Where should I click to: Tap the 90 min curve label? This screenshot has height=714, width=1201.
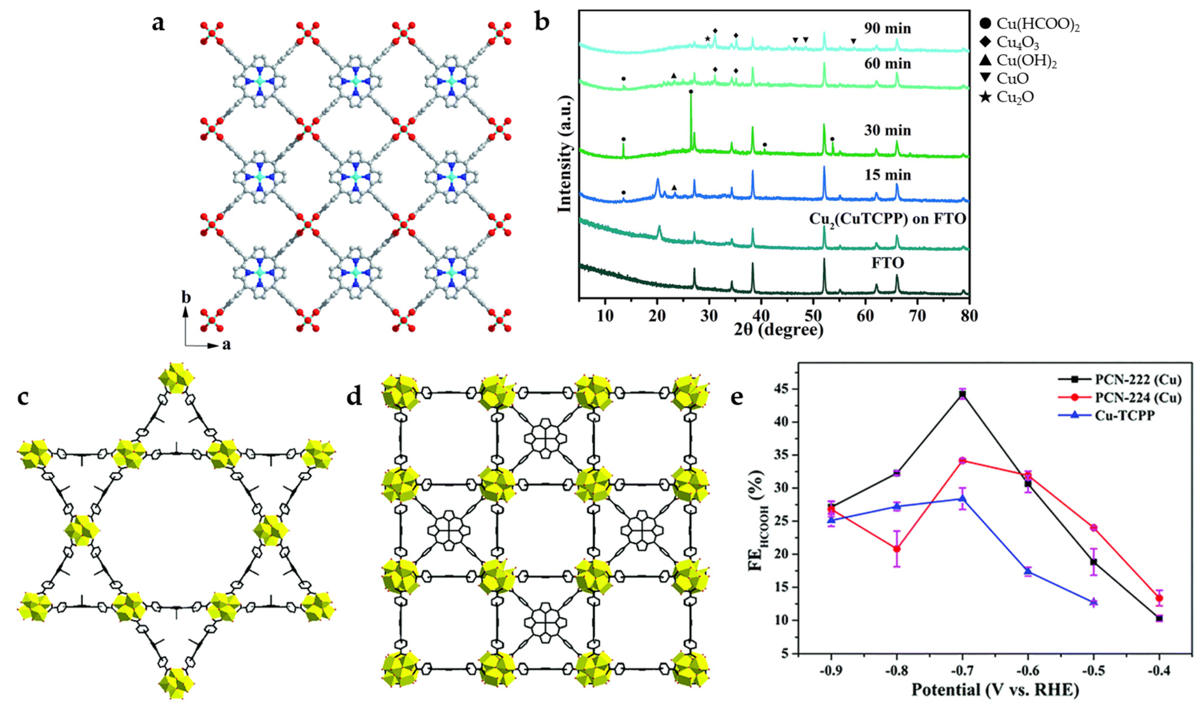pos(886,29)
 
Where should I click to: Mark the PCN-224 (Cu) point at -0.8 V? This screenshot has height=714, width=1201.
pos(897,549)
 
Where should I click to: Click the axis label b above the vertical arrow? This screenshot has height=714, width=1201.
pos(186,298)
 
